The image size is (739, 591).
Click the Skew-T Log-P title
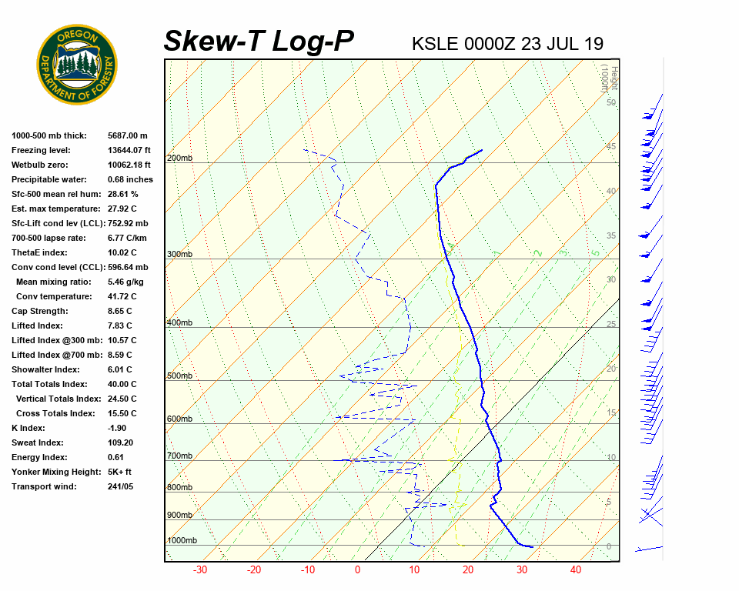tap(259, 42)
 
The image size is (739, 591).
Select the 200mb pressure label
tap(179, 159)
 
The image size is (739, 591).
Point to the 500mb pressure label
tap(179, 376)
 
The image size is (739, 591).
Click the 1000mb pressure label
tap(182, 541)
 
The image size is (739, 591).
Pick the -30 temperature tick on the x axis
tap(200, 570)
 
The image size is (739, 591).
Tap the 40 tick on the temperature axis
tap(576, 570)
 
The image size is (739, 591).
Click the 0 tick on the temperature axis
tap(357, 570)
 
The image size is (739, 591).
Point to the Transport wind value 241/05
tap(122, 486)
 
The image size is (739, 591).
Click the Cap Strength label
tap(40, 311)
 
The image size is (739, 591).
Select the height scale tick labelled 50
tap(610, 102)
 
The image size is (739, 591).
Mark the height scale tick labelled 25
tap(610, 324)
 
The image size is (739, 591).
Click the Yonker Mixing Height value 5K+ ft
tap(120, 472)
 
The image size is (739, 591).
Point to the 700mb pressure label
tap(179, 456)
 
